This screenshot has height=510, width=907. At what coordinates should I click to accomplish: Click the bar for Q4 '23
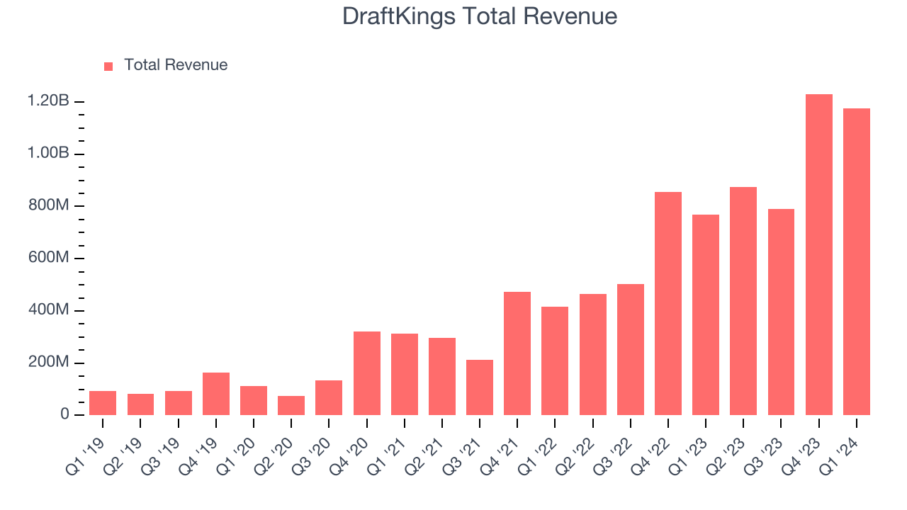818,255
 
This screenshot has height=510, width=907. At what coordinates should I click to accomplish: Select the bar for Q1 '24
856,262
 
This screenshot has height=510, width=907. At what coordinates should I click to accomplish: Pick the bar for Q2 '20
291,405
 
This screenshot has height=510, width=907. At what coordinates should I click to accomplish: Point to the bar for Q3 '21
480,387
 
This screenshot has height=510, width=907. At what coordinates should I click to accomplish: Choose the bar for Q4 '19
215,394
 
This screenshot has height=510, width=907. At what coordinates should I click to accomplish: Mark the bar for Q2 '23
743,301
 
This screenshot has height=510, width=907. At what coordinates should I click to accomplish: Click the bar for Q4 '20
366,373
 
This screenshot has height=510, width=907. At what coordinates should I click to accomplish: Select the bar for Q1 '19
103,403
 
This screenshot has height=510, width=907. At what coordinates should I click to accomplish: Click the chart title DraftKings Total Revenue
480,16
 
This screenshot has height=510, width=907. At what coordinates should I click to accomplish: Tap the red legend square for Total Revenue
108,66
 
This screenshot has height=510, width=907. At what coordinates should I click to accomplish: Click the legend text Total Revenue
176,65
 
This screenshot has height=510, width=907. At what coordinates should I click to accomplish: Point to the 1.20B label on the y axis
48,102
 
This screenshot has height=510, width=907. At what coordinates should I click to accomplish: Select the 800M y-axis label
48,206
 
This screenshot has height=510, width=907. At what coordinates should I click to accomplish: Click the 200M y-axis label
48,363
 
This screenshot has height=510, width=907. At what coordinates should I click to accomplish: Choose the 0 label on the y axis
64,415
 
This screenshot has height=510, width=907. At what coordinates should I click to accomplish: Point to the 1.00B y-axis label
48,154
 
